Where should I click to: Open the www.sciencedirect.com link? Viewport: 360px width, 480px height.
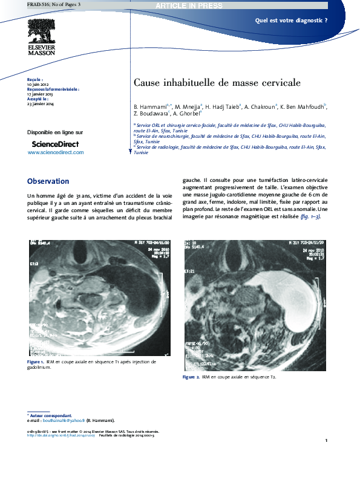[x=56, y=152]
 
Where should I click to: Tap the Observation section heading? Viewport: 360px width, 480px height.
[x=48, y=181]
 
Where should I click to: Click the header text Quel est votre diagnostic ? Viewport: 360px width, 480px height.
[x=291, y=20]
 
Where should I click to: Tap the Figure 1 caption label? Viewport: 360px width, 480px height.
[x=35, y=362]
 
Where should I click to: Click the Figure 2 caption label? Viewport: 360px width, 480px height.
[x=191, y=377]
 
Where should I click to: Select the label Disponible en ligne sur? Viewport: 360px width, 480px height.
[x=55, y=132]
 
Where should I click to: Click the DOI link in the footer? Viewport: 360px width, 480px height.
[x=60, y=435]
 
